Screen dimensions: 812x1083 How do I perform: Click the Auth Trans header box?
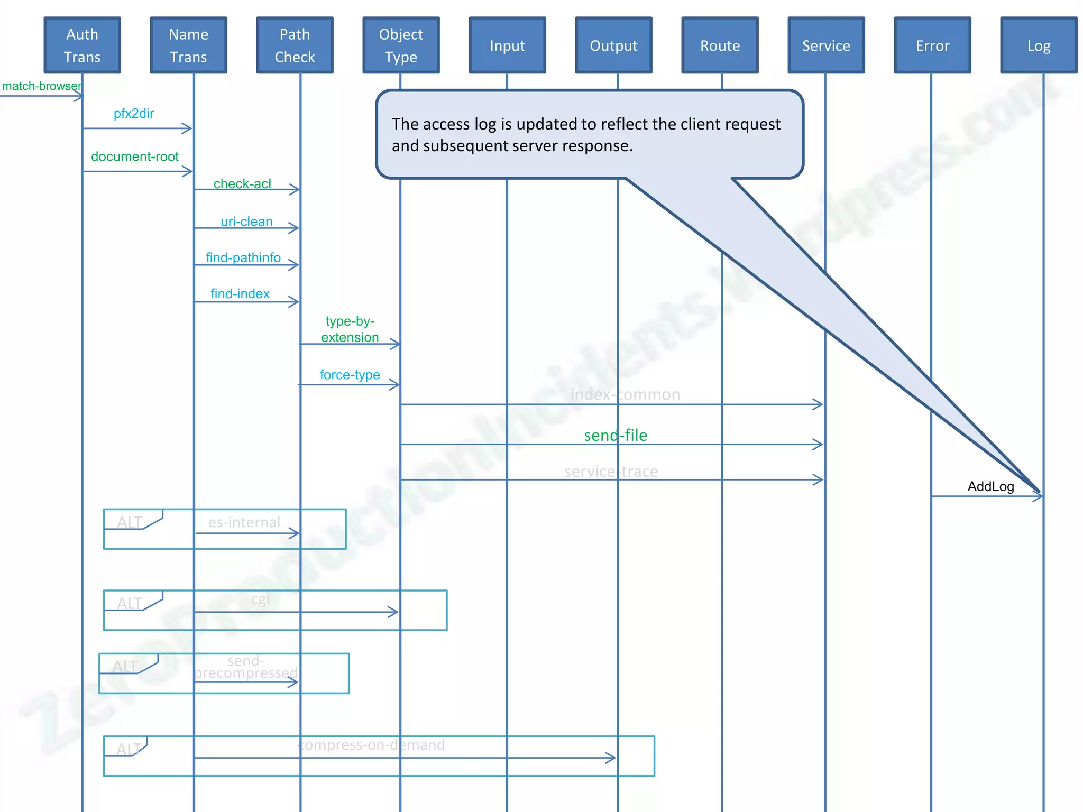pos(82,45)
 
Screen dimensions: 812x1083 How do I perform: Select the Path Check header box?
pos(295,45)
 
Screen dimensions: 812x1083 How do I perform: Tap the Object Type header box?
pos(401,45)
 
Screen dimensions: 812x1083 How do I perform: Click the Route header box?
pos(720,45)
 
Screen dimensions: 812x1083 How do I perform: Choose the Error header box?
pos(932,45)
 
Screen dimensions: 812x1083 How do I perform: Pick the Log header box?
pos(1039,45)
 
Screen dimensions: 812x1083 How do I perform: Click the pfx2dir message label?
pos(134,114)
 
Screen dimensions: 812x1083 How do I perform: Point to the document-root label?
pos(135,156)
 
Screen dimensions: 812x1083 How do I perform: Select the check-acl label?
pos(242,183)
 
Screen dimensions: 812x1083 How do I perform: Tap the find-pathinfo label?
pos(243,257)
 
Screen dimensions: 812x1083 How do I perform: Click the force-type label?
pos(350,375)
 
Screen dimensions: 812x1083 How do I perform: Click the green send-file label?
pos(616,435)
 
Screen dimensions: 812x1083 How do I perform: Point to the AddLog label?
pos(990,486)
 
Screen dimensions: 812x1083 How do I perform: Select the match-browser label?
pos(41,86)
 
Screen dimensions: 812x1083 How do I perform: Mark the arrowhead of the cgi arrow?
pos(394,612)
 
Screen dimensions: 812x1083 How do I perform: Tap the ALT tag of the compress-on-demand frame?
pos(128,749)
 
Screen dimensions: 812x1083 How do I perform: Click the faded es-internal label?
pos(244,522)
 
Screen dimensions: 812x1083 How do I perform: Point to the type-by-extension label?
pos(350,329)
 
